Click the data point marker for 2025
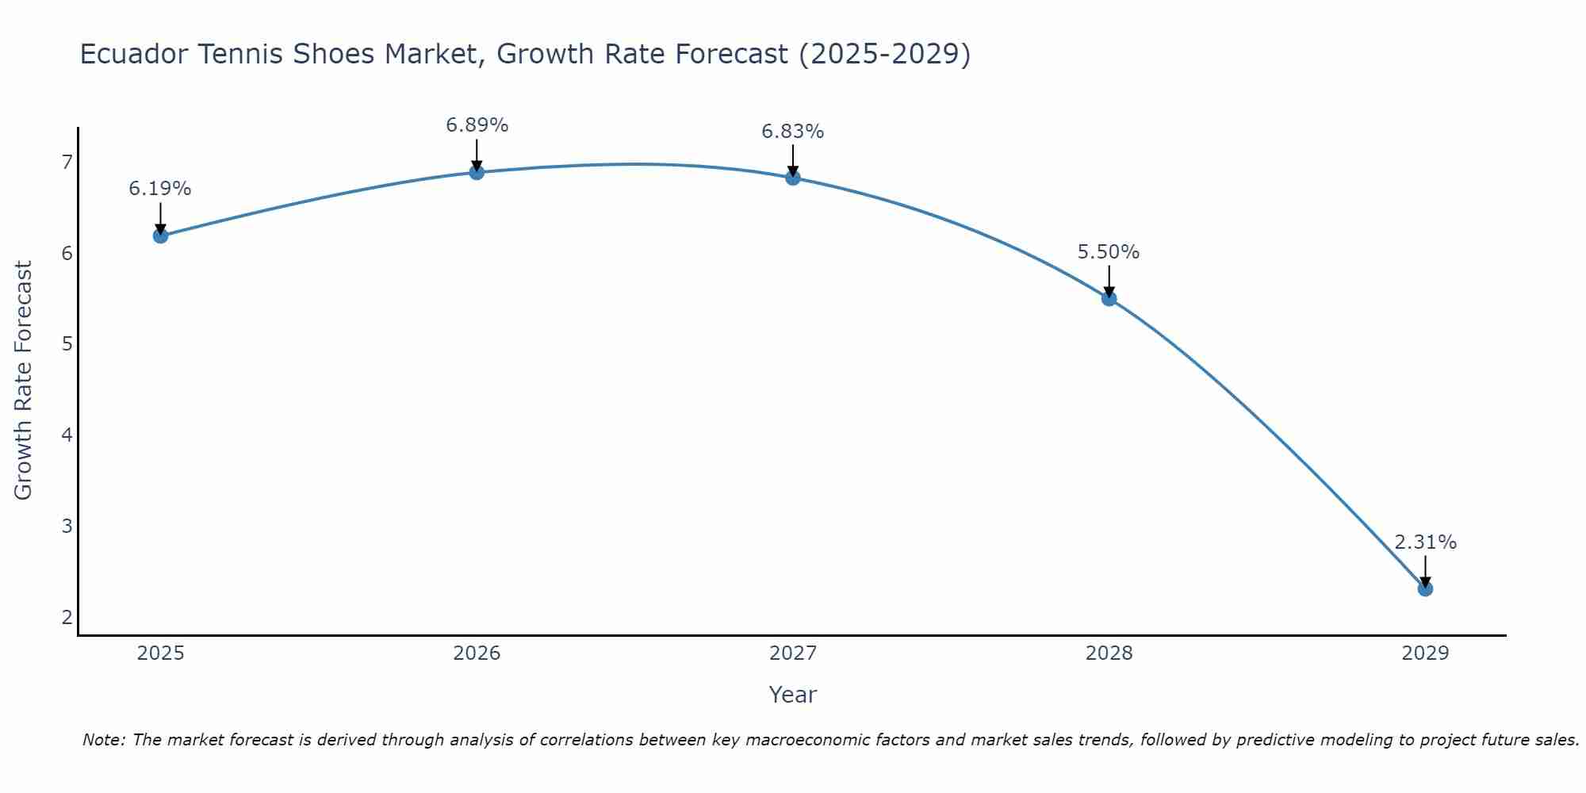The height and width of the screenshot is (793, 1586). [x=160, y=236]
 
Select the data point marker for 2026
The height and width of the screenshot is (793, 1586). [x=477, y=172]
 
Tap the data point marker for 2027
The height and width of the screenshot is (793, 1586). [x=793, y=178]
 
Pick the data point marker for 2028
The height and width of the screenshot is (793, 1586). [x=1109, y=298]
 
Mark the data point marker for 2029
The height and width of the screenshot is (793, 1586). [x=1425, y=588]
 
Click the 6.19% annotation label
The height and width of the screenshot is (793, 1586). [x=160, y=189]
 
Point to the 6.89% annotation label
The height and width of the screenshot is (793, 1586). [x=477, y=125]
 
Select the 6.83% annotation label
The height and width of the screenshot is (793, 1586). [x=793, y=132]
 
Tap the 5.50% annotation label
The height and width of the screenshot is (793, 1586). [x=1109, y=252]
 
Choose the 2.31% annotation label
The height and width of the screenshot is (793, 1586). [x=1425, y=542]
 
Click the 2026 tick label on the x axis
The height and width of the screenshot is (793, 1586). [x=477, y=653]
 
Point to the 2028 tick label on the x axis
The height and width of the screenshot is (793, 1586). [x=1109, y=653]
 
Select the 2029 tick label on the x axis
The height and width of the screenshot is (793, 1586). [x=1425, y=653]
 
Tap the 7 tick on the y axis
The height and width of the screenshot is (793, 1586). [x=67, y=163]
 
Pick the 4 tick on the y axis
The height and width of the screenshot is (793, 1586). [x=67, y=435]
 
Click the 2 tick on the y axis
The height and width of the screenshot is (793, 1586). [x=67, y=617]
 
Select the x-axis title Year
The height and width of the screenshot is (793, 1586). [x=793, y=695]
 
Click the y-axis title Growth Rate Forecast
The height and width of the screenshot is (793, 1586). [x=24, y=381]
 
